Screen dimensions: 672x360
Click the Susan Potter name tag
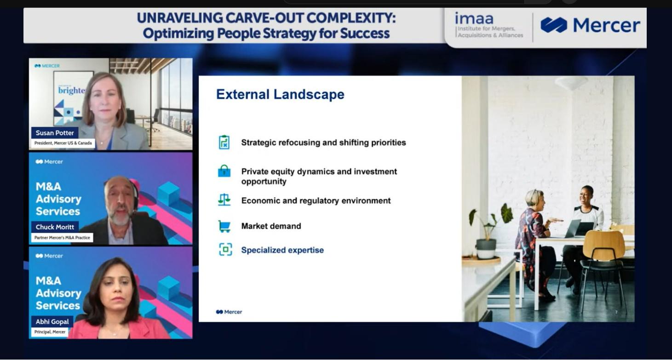[55, 133]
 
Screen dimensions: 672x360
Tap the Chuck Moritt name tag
[55, 227]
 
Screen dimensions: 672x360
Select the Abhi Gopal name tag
[52, 321]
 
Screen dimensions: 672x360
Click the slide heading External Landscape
[280, 94]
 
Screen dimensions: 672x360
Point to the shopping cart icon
[224, 226]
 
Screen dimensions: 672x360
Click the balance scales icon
[224, 200]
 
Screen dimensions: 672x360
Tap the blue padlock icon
[224, 171]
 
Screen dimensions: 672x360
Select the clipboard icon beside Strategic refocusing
[224, 142]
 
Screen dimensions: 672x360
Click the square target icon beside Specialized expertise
[225, 250]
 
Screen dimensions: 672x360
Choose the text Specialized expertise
[282, 250]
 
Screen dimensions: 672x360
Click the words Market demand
[271, 226]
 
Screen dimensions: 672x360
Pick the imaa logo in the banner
[488, 25]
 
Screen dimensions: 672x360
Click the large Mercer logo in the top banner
[590, 25]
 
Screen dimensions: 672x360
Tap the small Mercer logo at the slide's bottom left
[229, 312]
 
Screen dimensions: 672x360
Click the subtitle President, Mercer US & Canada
[63, 143]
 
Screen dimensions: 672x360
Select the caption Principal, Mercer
[50, 332]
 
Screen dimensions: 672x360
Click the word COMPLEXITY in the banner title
[350, 17]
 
